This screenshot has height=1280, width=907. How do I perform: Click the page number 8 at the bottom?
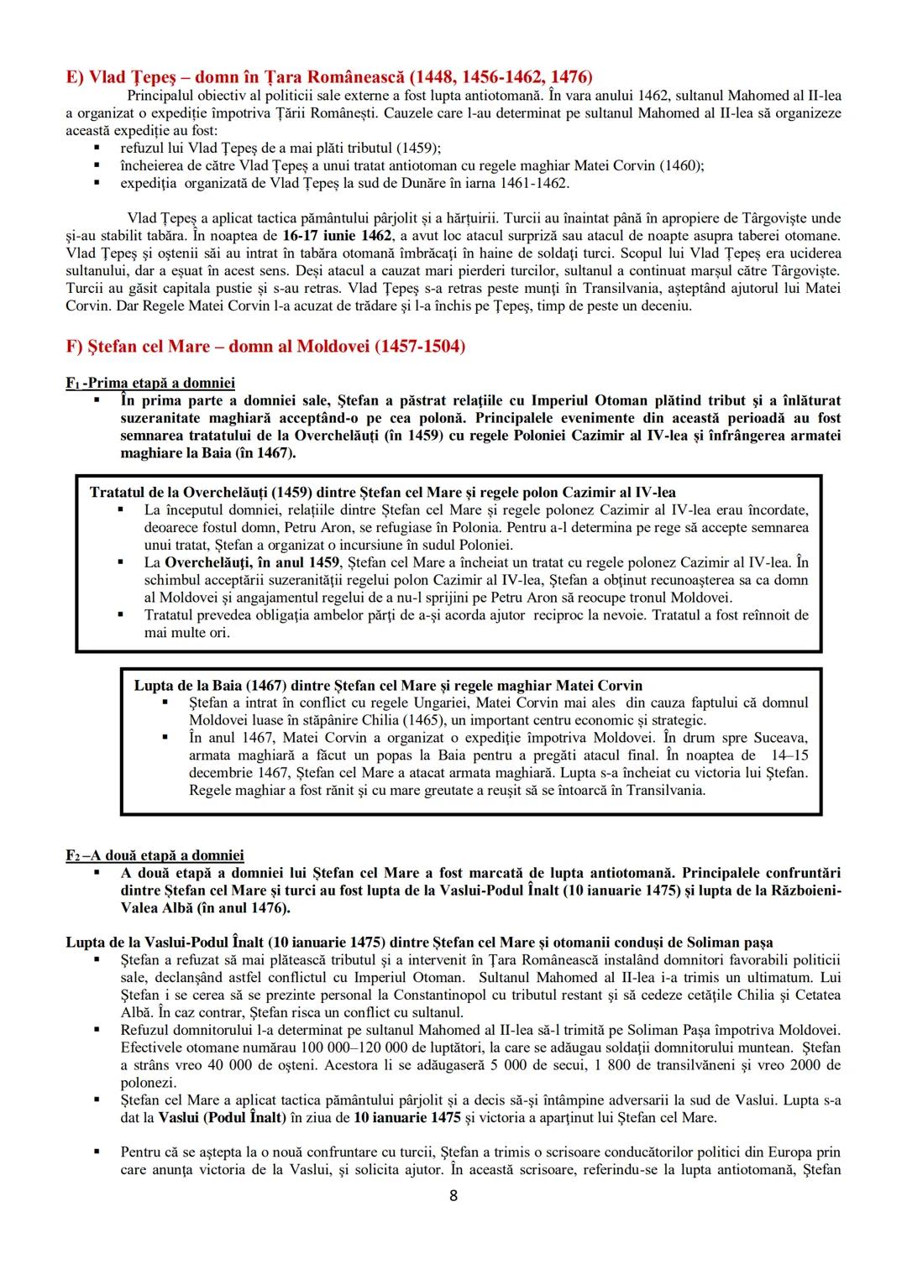[453, 1196]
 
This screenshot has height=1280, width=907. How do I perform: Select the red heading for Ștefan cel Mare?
[265, 346]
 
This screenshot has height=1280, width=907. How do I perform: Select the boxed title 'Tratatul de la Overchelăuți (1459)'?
[223, 492]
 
